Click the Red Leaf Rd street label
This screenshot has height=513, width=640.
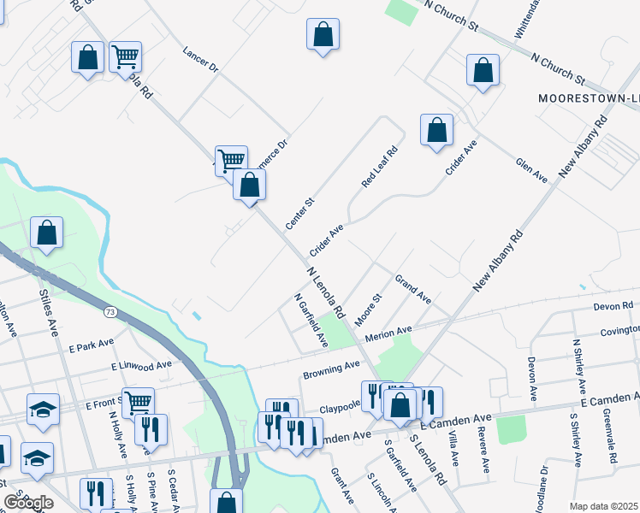(x=381, y=168)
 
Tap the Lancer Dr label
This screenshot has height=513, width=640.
(x=201, y=59)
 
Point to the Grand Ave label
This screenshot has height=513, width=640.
(x=413, y=289)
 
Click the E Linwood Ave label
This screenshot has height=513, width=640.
(x=142, y=366)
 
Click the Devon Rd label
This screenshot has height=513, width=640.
(x=614, y=306)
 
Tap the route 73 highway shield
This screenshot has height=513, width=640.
(x=110, y=313)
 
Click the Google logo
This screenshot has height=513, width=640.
(x=28, y=502)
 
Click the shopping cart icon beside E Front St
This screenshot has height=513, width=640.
(x=138, y=402)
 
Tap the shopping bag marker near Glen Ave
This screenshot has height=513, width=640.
(x=436, y=130)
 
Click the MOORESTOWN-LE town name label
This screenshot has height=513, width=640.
(x=589, y=98)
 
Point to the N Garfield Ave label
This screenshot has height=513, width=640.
(x=311, y=321)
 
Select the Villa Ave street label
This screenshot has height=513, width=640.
(x=453, y=448)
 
